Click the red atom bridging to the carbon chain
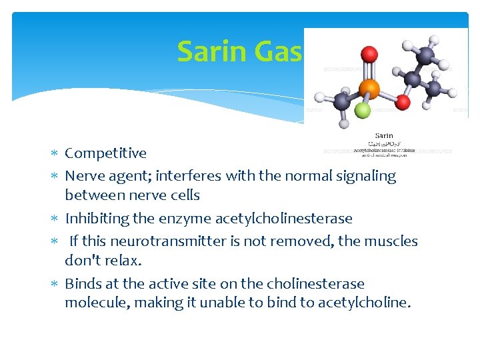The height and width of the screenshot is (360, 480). coord(403,101)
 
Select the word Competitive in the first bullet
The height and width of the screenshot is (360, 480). coord(105,153)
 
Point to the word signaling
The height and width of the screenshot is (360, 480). coord(367,176)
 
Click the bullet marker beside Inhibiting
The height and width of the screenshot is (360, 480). coord(56,219)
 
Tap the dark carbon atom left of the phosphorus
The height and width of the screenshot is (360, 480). coord(342,101)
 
